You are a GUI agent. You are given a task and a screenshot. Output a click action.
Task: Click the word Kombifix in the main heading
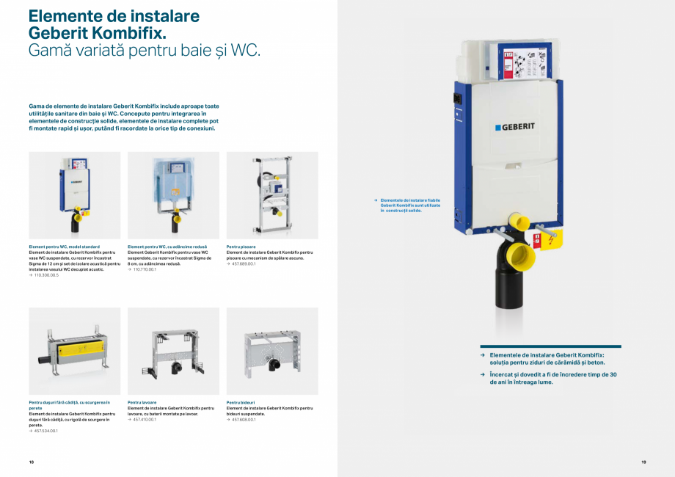tap(126, 33)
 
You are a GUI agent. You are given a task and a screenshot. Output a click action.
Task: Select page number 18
tap(32, 462)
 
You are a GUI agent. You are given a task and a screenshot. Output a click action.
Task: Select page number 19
tap(643, 462)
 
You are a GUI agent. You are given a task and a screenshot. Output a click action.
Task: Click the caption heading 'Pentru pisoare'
tap(241, 247)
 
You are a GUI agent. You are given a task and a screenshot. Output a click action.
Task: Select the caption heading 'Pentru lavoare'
tap(142, 402)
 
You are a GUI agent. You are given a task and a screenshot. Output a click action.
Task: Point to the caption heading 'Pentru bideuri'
tap(241, 402)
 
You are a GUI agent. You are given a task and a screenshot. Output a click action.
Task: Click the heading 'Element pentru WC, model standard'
tap(64, 247)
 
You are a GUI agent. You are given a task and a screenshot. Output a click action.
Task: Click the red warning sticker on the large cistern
tap(546, 240)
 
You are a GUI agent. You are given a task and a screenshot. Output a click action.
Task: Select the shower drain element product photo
tap(74, 352)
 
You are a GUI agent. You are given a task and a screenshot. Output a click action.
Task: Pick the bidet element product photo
tap(272, 352)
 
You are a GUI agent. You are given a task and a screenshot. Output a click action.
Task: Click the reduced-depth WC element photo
tap(173, 194)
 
